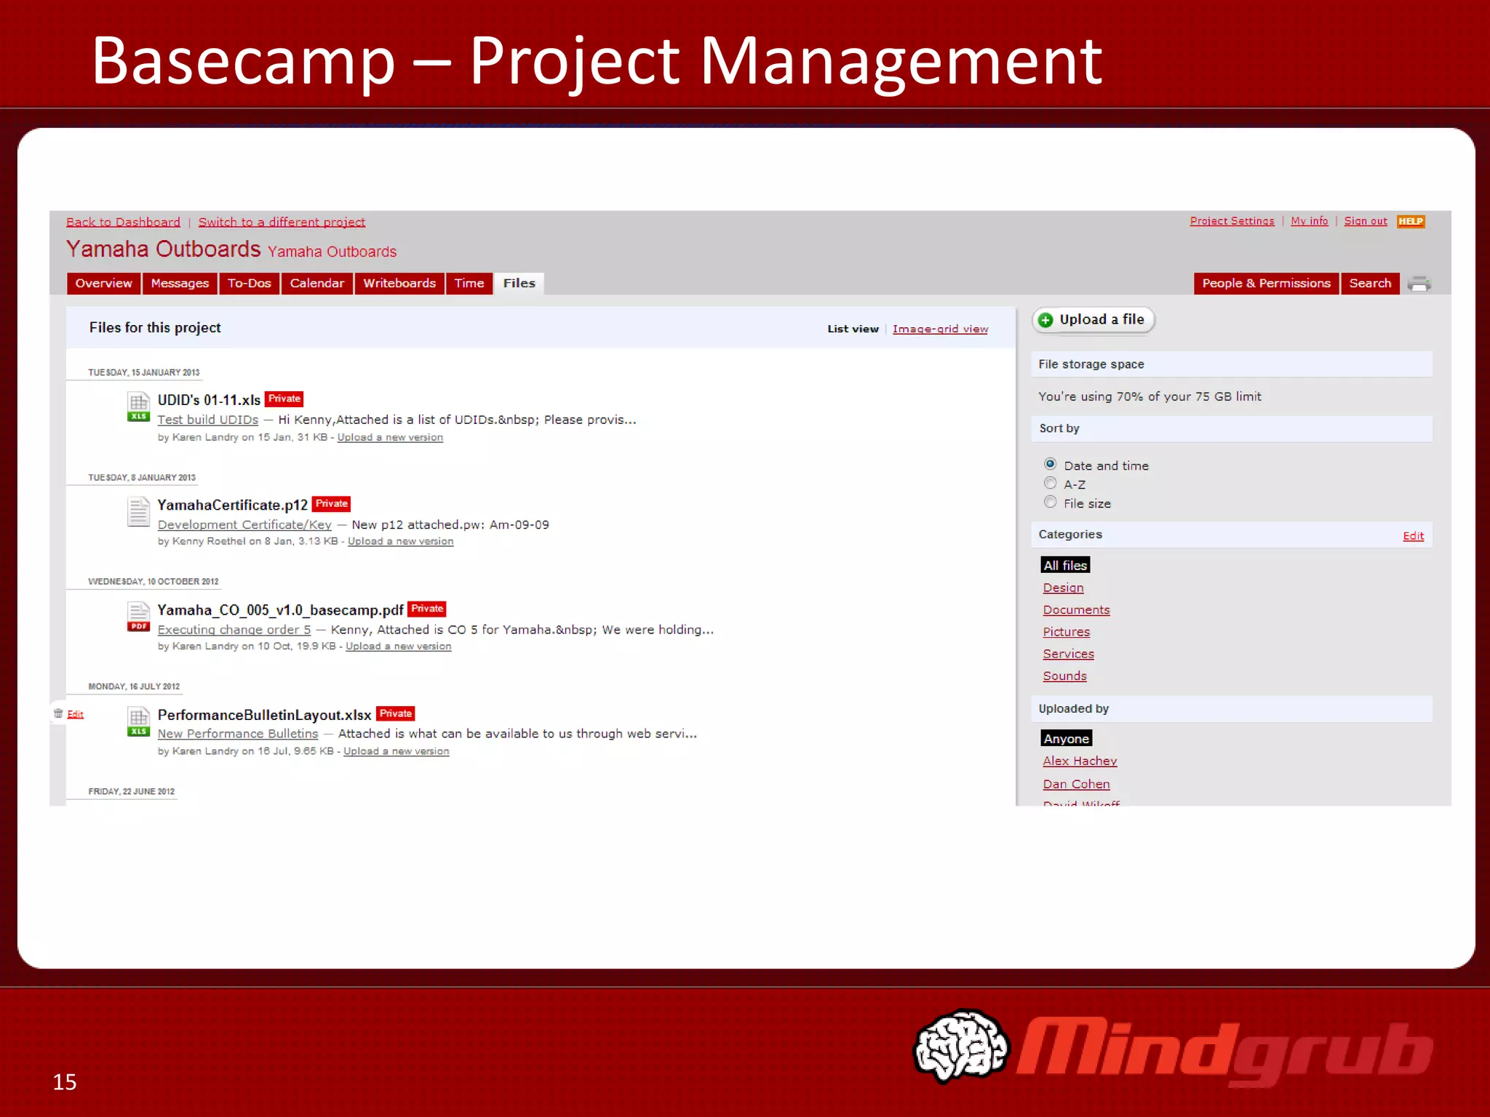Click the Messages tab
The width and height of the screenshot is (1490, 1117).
tap(180, 284)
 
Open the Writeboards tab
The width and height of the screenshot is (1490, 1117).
tap(399, 284)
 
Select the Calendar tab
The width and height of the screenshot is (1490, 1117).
tap(316, 284)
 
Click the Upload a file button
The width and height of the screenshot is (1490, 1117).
tap(1093, 320)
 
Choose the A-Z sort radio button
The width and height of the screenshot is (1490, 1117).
tap(1050, 484)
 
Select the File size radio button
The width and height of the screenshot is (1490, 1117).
tap(1050, 503)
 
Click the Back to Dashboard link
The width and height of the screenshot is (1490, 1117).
tap(123, 223)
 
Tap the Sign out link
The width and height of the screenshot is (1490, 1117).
tap(1365, 221)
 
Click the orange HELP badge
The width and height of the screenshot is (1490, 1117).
tap(1410, 222)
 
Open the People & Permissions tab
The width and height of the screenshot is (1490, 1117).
tap(1266, 284)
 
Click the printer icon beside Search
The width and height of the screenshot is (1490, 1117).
tap(1419, 284)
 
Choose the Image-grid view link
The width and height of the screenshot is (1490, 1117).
tap(940, 329)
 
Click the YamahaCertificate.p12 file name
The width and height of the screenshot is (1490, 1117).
tap(232, 505)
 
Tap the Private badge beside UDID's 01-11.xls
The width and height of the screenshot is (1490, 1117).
tap(284, 399)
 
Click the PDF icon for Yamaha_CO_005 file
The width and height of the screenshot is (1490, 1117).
tap(138, 617)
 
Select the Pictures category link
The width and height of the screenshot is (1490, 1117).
tap(1066, 632)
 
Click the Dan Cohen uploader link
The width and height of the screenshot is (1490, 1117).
tap(1076, 784)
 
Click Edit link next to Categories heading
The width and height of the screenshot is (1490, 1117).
tap(1413, 536)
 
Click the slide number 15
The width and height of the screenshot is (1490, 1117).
tap(65, 1082)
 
